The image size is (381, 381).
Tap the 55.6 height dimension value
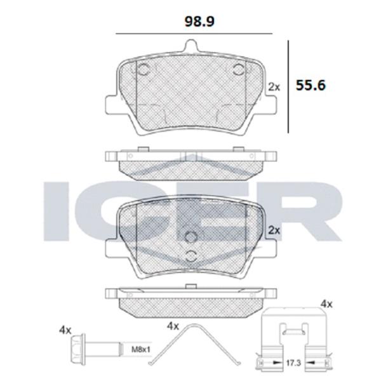[311, 84]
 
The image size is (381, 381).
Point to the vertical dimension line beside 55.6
[289, 86]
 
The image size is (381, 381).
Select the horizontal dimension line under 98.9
[190, 34]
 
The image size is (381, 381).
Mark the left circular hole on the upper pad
[143, 70]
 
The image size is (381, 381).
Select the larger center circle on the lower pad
[190, 237]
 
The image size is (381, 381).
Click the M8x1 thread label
[141, 348]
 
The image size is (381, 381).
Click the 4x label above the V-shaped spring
[173, 326]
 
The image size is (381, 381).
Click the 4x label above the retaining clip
[327, 305]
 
